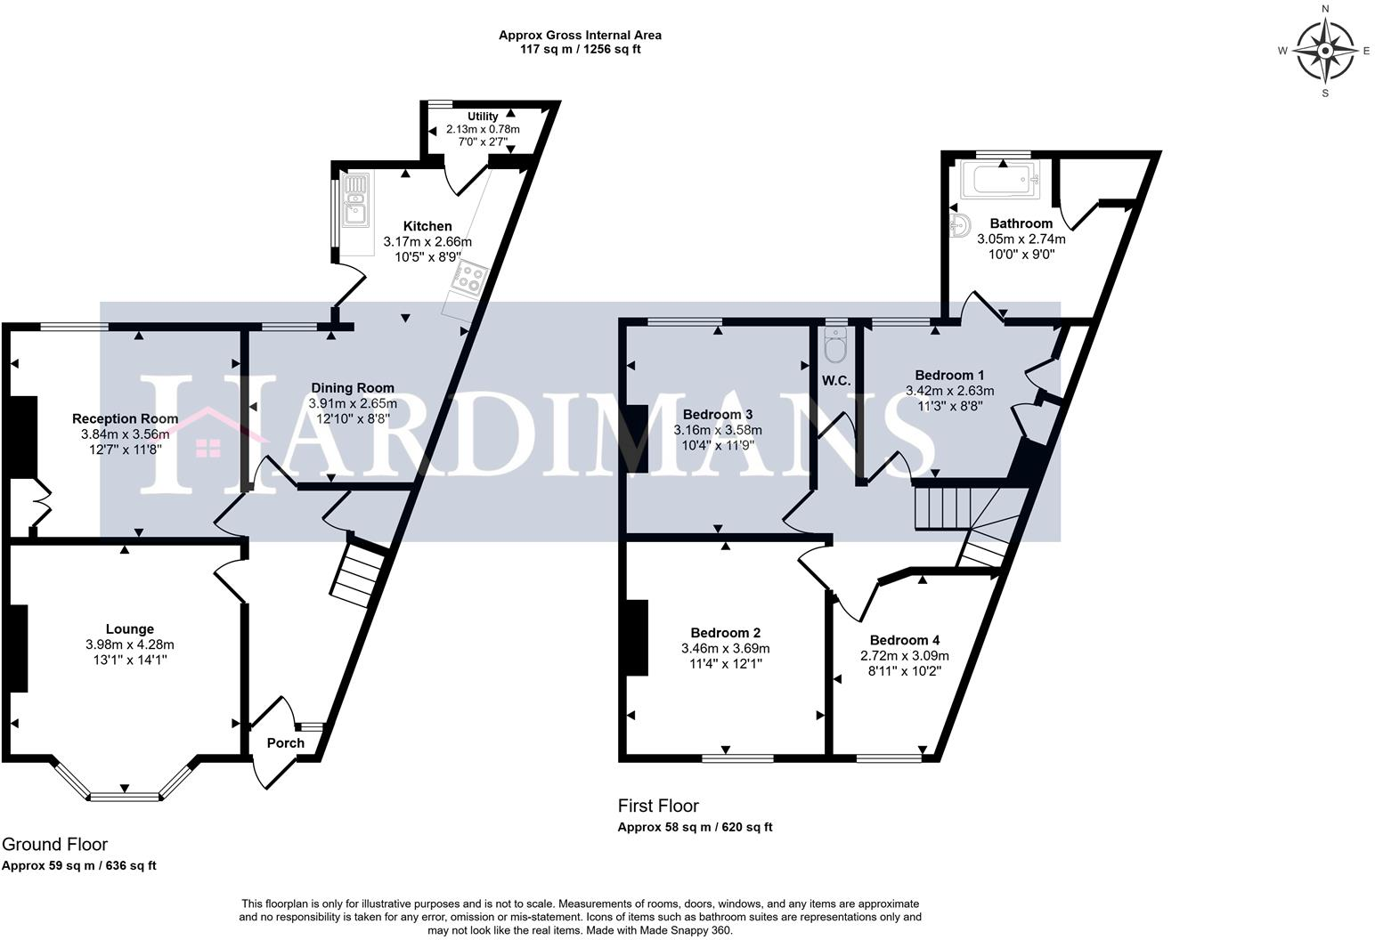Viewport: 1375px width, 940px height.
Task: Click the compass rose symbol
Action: click(1325, 51)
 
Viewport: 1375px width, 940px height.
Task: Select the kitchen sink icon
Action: click(355, 199)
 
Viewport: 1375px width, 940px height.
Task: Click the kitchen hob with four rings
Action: click(467, 278)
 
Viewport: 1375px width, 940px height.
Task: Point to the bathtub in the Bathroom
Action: click(1002, 181)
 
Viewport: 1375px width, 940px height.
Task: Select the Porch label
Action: click(286, 743)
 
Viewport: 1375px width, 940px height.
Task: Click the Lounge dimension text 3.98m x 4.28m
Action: click(130, 644)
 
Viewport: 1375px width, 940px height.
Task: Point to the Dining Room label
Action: click(353, 388)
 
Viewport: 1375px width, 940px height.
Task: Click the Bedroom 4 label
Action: click(905, 640)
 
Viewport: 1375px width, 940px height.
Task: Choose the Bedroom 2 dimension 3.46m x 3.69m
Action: click(725, 648)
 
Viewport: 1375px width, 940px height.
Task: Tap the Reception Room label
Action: click(125, 418)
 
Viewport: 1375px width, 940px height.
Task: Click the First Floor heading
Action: click(658, 806)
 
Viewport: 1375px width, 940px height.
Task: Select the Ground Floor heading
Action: click(54, 844)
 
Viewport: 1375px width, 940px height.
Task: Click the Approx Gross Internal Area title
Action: click(580, 36)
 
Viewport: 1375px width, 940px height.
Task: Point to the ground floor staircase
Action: click(358, 574)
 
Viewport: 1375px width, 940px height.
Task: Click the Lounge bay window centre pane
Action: click(124, 794)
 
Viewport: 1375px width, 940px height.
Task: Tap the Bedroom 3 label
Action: click(718, 415)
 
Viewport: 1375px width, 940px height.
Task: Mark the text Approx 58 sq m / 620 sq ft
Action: click(695, 827)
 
